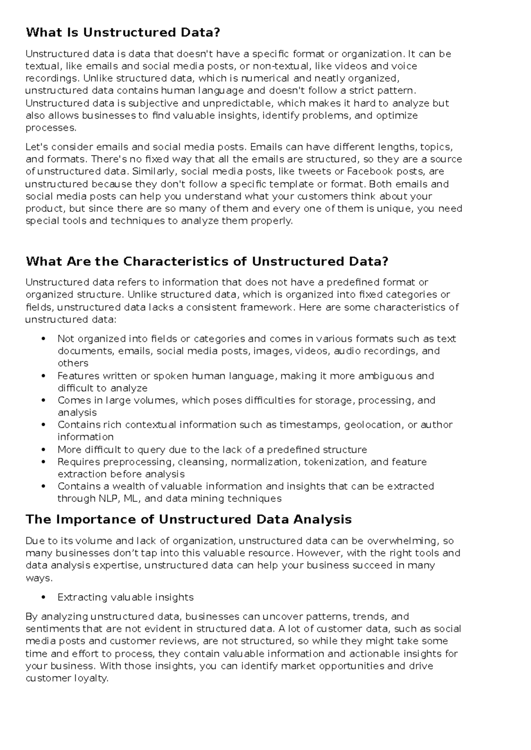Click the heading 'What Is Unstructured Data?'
(123, 32)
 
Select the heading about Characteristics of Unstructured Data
(207, 261)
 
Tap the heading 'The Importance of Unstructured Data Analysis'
(189, 519)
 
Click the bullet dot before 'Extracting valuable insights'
(43, 597)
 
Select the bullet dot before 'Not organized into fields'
(43, 339)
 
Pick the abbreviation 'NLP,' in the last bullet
(108, 499)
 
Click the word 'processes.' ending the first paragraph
(51, 128)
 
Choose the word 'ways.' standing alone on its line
(39, 578)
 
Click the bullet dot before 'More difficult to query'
(43, 450)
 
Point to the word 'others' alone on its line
(73, 363)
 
